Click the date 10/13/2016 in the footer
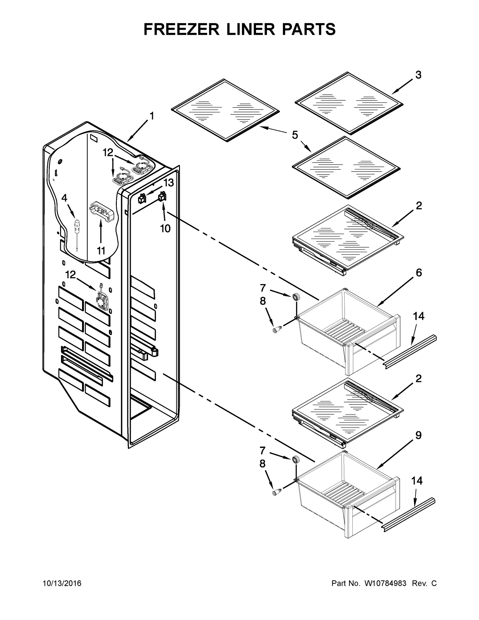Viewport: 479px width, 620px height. (62, 583)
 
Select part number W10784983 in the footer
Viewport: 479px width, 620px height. (385, 583)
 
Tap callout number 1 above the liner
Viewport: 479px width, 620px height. (152, 116)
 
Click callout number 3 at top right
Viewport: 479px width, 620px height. (418, 75)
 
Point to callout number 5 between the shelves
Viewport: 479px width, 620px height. (295, 135)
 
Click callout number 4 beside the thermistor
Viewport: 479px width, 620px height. (64, 198)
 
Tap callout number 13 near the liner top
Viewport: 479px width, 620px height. (169, 182)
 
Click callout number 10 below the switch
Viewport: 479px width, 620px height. (165, 229)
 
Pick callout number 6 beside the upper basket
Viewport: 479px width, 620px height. (419, 273)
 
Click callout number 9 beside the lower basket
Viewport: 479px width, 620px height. (418, 435)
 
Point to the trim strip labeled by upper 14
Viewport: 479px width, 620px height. (410, 352)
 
